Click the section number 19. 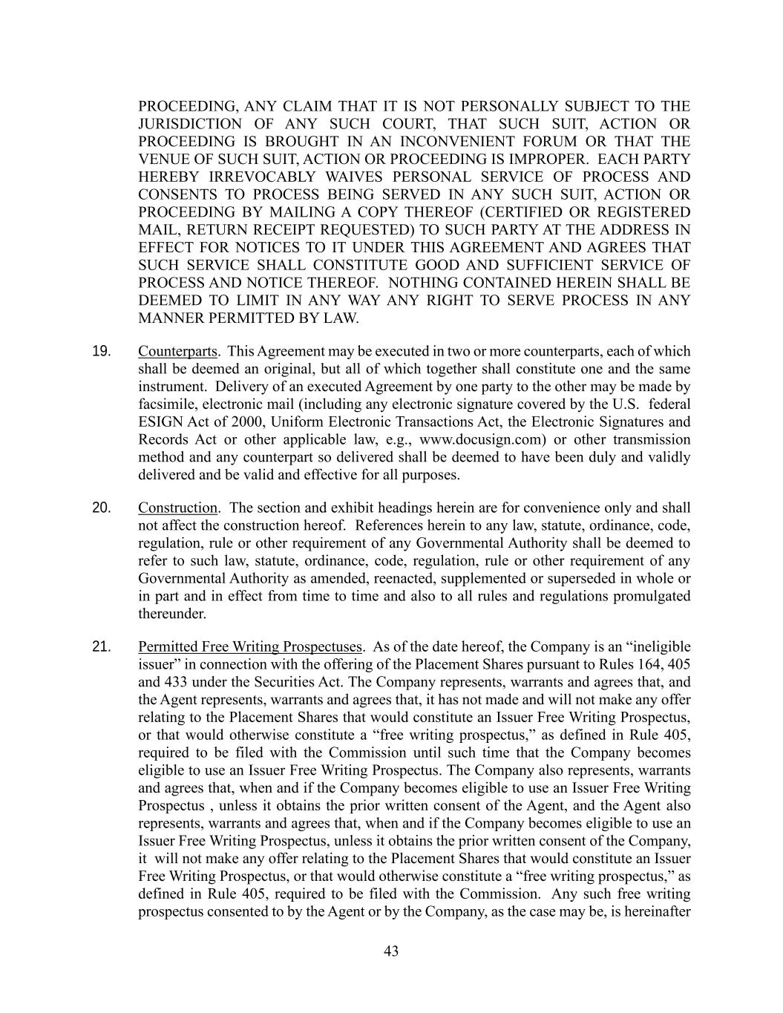(102, 351)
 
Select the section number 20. (102, 508)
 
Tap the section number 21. (102, 646)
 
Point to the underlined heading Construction (177, 508)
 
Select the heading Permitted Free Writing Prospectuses (250, 646)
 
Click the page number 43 (392, 951)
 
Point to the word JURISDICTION (190, 124)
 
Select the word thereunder (172, 614)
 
